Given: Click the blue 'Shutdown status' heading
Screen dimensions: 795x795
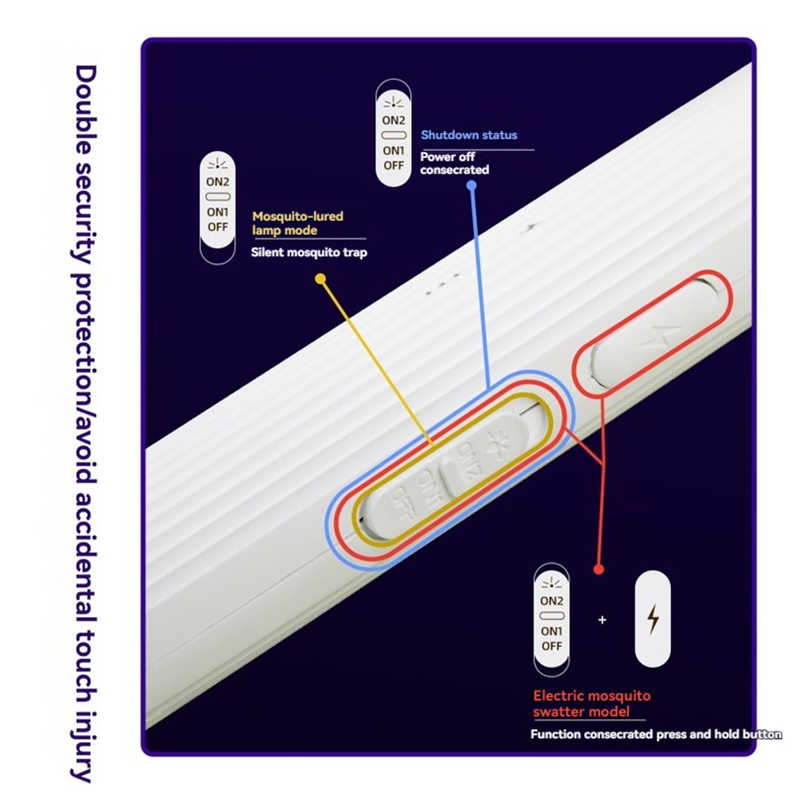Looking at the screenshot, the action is click(469, 135).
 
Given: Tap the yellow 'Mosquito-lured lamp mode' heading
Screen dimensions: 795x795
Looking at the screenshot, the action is click(297, 223).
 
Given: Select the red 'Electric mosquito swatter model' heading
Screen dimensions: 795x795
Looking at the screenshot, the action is click(591, 704).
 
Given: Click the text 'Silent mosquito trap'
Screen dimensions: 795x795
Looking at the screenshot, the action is click(308, 252).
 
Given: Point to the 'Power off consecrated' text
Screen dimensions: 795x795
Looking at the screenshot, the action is click(454, 163).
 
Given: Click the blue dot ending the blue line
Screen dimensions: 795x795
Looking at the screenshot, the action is click(471, 185).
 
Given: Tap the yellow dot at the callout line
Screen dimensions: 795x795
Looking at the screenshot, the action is click(320, 278).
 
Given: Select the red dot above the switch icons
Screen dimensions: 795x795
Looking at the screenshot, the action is click(599, 569).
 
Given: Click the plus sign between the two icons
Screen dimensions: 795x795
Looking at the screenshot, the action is click(602, 619).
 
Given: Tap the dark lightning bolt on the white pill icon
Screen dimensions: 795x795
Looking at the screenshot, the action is click(653, 619).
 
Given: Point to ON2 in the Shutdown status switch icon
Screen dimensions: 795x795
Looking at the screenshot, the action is click(394, 120).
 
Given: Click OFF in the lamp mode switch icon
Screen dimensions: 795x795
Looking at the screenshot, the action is click(218, 227).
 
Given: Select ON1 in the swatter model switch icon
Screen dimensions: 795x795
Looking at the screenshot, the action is click(552, 631).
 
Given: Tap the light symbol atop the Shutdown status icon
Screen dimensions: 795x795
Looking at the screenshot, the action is click(394, 103).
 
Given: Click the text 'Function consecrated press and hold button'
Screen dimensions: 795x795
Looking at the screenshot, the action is click(656, 734).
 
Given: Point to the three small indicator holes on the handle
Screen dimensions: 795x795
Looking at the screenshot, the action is click(443, 285).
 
